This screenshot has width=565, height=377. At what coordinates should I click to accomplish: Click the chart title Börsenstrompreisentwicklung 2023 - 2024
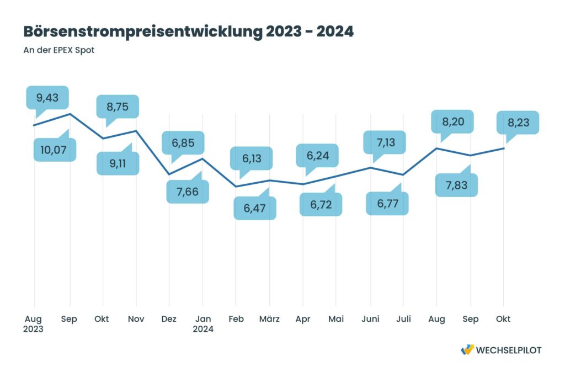[x=188, y=31]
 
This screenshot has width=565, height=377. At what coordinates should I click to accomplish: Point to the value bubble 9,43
[x=47, y=98]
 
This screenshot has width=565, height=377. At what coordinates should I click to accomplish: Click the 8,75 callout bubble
[x=117, y=107]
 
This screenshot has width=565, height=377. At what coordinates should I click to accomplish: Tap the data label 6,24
[x=317, y=156]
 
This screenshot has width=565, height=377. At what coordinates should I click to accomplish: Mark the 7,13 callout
[x=384, y=143]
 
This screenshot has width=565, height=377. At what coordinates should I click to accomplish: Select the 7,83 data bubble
[x=456, y=185]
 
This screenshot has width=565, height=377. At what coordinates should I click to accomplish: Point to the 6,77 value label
[x=387, y=203]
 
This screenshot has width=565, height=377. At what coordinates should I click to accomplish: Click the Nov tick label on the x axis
[x=136, y=319]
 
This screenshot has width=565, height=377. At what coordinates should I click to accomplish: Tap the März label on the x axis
[x=269, y=319]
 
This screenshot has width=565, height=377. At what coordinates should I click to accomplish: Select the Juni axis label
[x=370, y=319]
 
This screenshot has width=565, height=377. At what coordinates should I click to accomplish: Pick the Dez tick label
[x=169, y=319]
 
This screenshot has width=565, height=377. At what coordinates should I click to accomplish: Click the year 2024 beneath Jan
[x=202, y=329]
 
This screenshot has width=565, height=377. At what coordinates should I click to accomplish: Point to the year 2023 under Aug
[x=34, y=329]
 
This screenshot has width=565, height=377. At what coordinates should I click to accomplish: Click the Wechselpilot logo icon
[x=467, y=350]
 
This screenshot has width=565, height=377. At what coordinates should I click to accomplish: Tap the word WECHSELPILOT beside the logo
[x=509, y=350]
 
